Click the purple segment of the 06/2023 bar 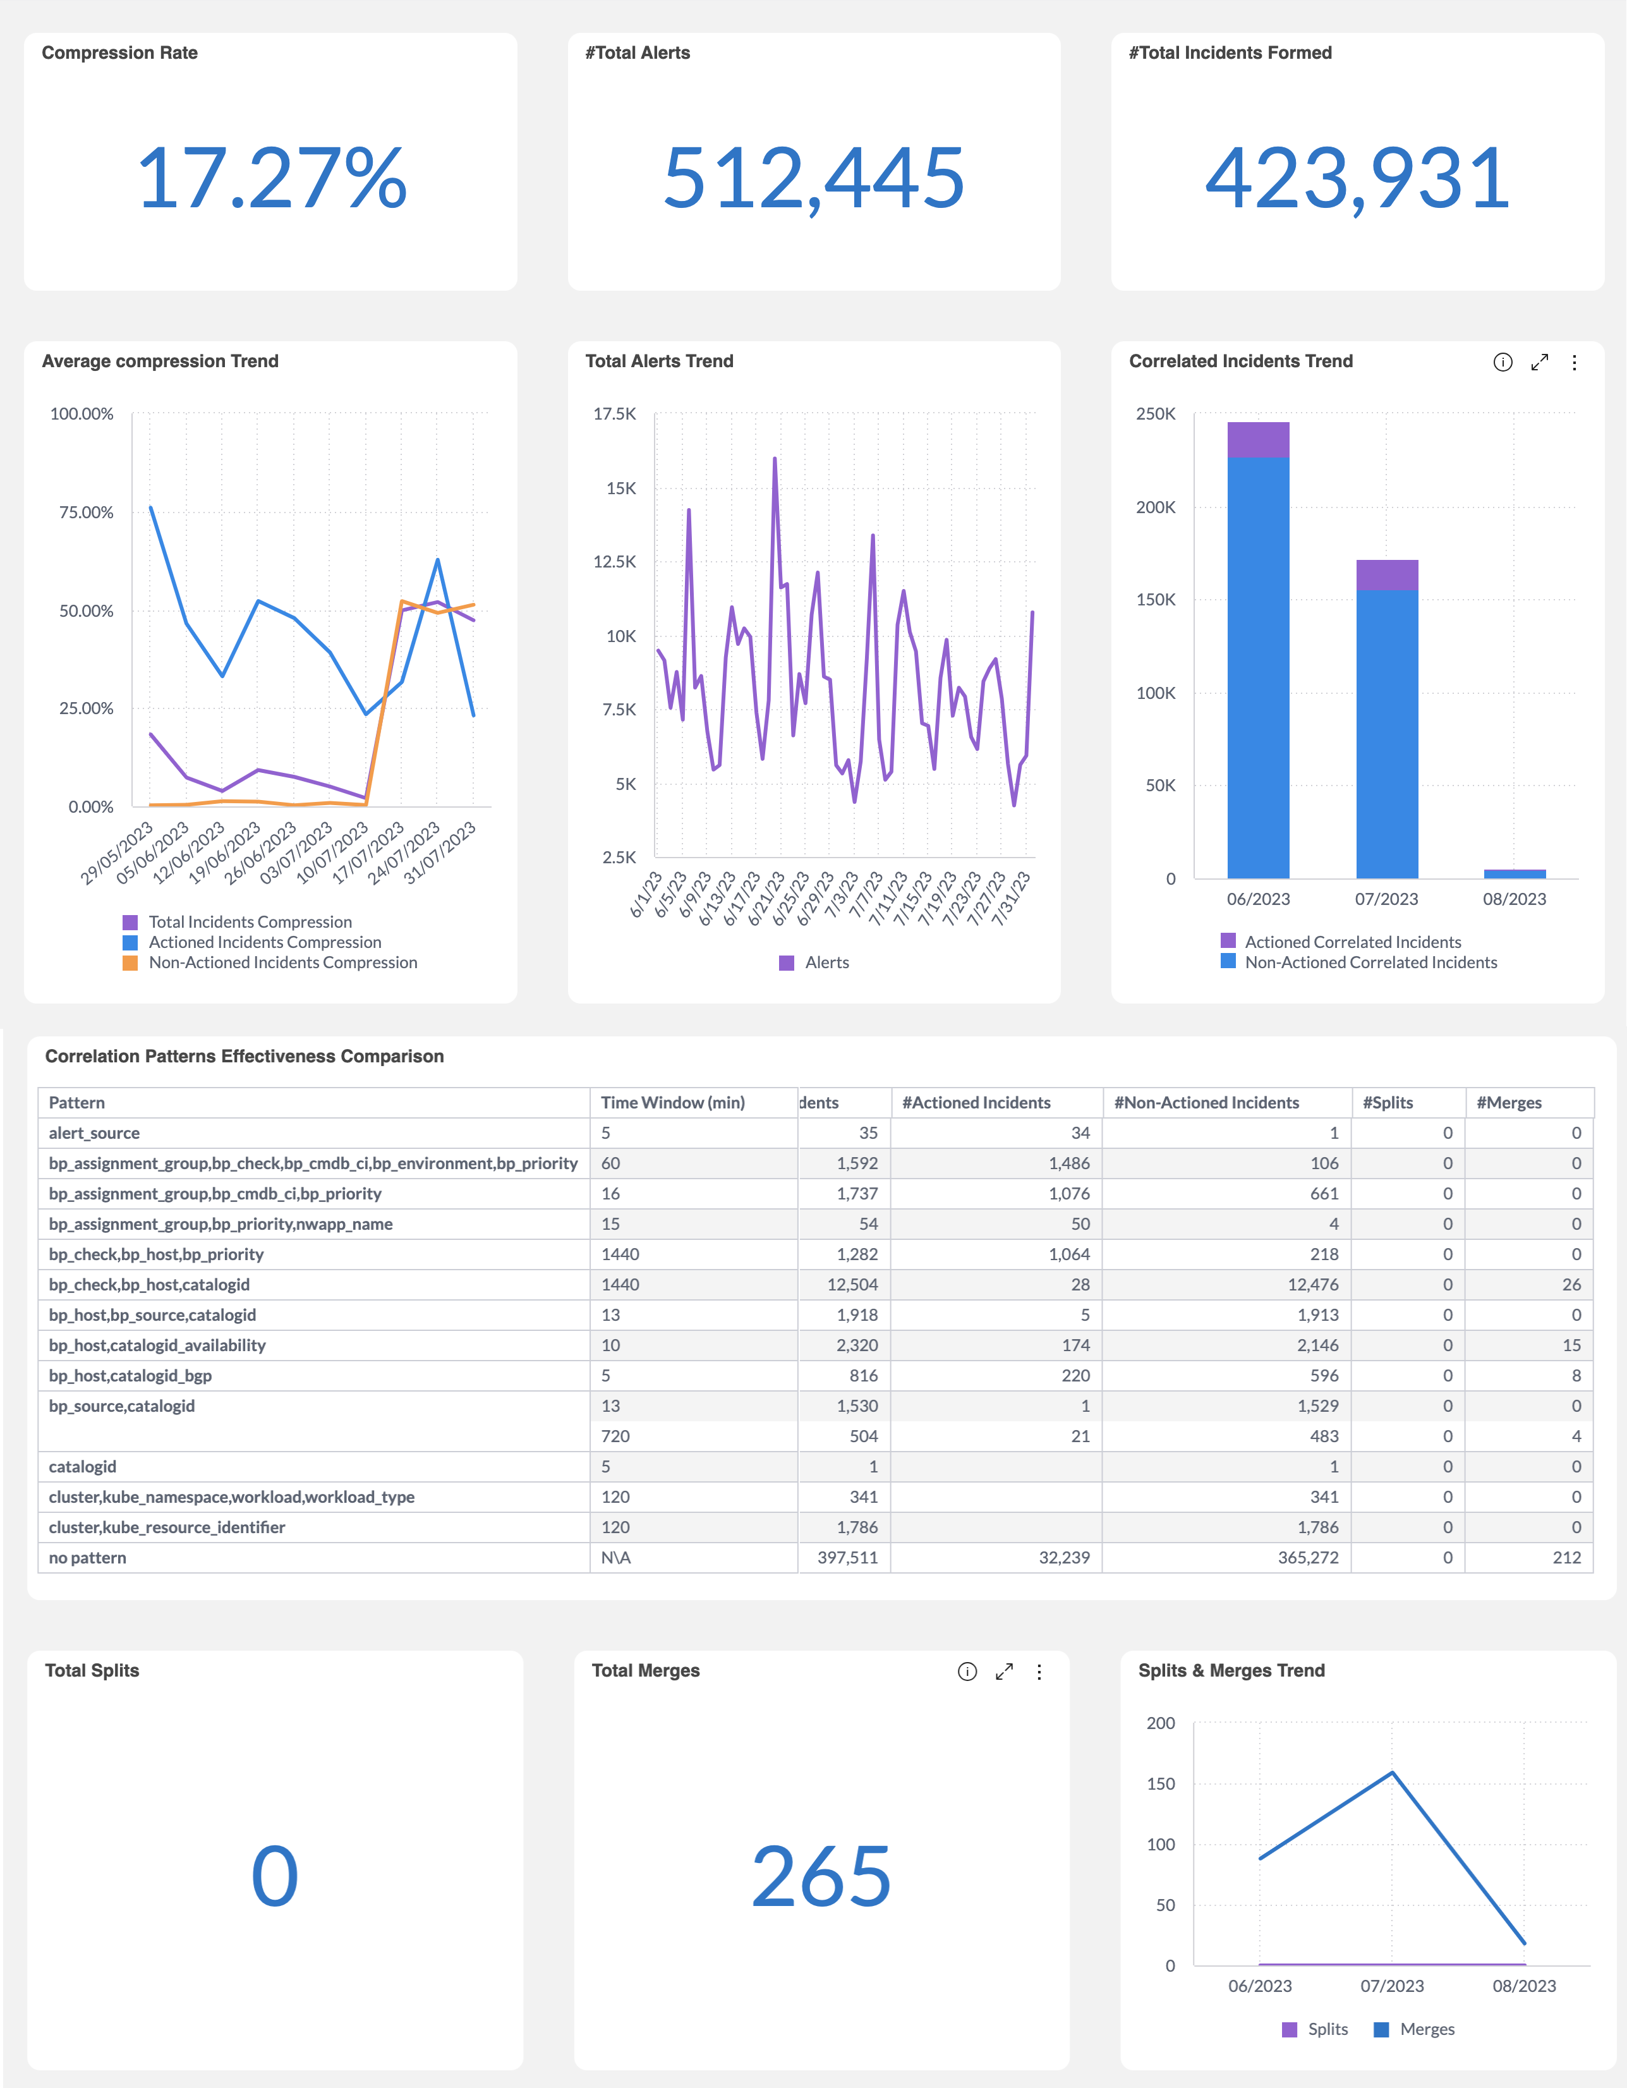pos(1258,440)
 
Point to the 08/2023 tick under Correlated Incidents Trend pos(1514,899)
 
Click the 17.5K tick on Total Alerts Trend pos(615,414)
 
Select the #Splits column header pos(1388,1102)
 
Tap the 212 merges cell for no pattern pos(1566,1557)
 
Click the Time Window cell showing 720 pos(615,1436)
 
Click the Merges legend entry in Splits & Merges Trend pos(1426,2029)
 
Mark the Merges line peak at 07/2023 pos(1392,1773)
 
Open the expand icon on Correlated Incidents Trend pos(1539,362)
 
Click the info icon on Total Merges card pos(967,1671)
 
